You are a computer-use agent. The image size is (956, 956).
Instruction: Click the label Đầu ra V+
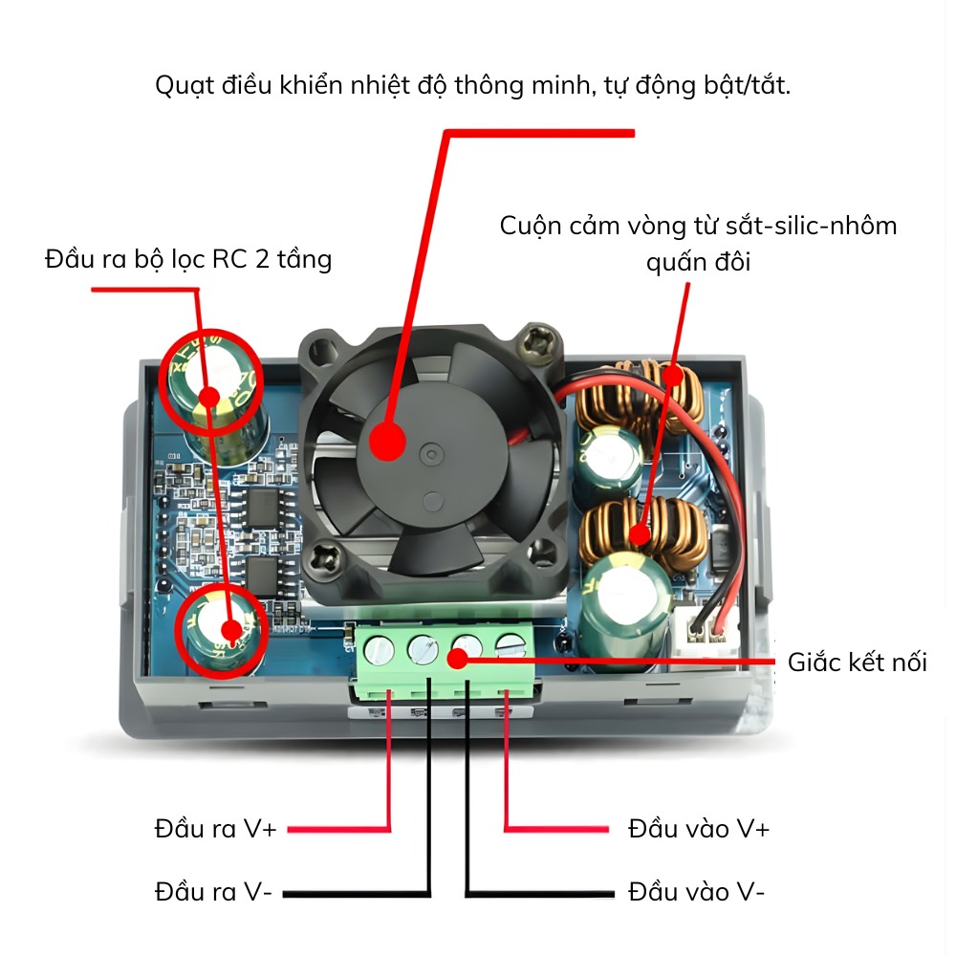(x=215, y=828)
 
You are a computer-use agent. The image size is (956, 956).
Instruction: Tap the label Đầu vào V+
(x=698, y=828)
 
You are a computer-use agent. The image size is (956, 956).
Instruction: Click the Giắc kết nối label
(x=857, y=662)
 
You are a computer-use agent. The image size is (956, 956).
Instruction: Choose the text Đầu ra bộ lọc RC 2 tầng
(x=188, y=259)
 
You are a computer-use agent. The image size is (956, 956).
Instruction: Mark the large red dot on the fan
(x=387, y=443)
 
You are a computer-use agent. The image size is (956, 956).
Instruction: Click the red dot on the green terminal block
(x=457, y=658)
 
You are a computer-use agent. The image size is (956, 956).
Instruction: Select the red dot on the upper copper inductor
(x=673, y=376)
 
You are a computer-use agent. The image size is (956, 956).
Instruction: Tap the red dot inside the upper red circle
(x=210, y=396)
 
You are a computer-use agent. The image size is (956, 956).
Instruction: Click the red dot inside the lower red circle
(x=230, y=629)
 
